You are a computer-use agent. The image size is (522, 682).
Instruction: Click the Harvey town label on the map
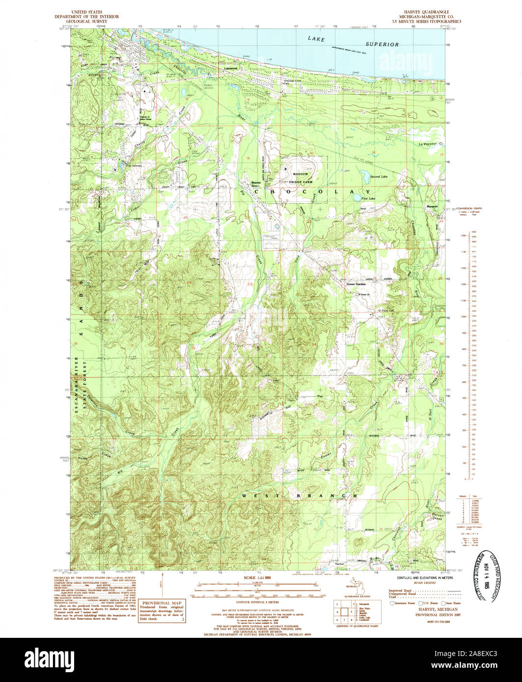pos(115,57)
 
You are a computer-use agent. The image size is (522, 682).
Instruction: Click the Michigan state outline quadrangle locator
pos(352,589)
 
